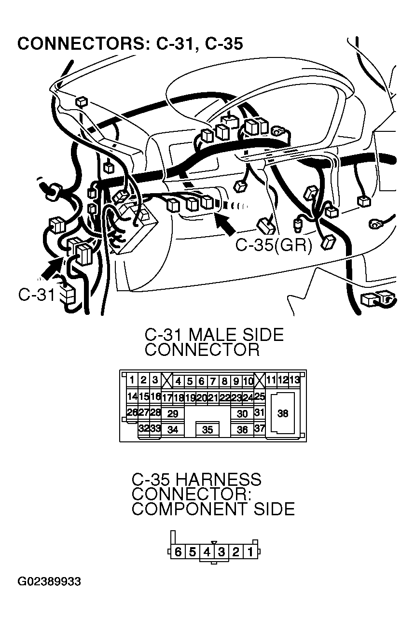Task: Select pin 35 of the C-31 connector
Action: (207, 429)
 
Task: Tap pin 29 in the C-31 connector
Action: (172, 413)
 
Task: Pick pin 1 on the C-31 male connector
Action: (132, 380)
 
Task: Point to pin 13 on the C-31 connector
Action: (294, 380)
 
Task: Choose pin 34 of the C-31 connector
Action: (172, 429)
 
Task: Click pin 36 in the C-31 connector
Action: (242, 429)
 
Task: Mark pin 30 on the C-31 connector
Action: (242, 413)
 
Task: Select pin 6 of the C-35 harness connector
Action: (178, 551)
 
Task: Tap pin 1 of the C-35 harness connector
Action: (250, 551)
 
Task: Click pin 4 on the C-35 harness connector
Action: (207, 551)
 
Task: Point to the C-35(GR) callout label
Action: (274, 245)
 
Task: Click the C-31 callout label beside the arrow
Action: (36, 294)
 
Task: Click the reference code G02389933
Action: (49, 581)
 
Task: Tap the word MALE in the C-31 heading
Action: (215, 335)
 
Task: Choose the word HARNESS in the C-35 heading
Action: (218, 480)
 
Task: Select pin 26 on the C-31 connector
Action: (132, 412)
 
